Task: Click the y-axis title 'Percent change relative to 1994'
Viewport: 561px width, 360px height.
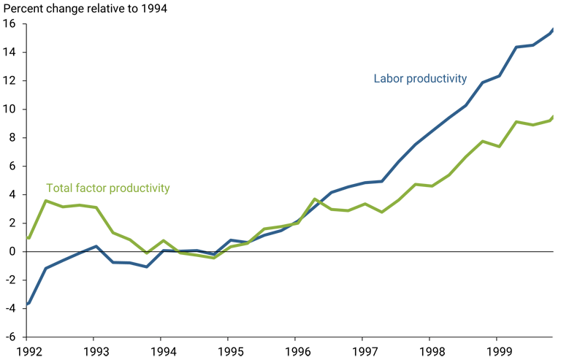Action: click(85, 9)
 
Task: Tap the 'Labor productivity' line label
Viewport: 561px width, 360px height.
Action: click(420, 79)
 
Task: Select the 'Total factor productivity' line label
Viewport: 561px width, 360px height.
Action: click(107, 188)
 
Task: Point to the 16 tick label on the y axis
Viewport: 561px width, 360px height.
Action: click(9, 24)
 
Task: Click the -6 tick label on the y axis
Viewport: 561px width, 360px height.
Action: click(9, 337)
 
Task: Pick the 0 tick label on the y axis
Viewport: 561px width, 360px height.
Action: click(12, 252)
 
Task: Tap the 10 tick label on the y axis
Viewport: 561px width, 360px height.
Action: click(9, 109)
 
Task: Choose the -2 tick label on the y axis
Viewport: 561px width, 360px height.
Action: click(9, 280)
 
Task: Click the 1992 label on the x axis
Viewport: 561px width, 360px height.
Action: click(30, 352)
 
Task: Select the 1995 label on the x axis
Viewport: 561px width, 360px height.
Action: click(231, 352)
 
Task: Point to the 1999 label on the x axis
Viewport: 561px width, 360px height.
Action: click(500, 352)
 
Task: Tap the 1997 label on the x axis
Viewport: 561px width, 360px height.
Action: click(366, 352)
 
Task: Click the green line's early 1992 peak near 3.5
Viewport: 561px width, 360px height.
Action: click(46, 201)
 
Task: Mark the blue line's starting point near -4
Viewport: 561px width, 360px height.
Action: click(27, 305)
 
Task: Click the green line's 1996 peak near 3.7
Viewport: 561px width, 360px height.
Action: click(315, 199)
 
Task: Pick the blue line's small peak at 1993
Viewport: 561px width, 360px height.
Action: click(96, 246)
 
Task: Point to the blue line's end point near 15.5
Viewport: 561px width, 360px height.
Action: click(552, 30)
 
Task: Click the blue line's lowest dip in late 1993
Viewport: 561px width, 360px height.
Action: click(147, 267)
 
